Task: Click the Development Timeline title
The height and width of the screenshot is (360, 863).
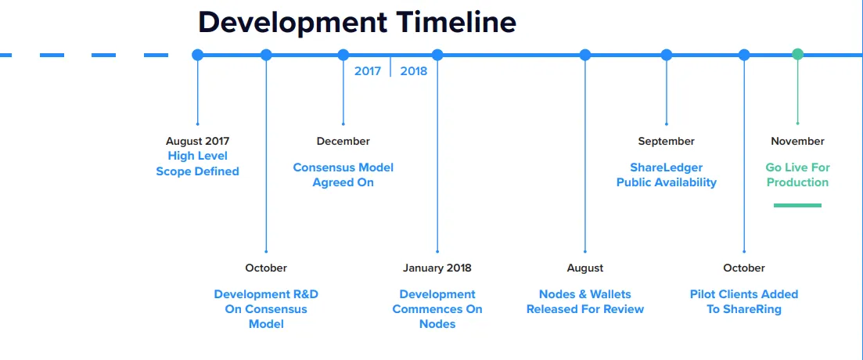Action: pos(357,23)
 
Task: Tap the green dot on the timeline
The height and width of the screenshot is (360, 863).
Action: pos(797,54)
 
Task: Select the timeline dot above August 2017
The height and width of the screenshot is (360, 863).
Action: pos(198,55)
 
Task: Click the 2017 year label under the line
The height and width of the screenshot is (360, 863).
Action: pos(368,71)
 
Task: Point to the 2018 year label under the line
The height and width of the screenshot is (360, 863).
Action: pos(413,71)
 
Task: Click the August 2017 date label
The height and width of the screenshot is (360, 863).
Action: pos(198,142)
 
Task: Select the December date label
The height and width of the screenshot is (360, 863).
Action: pos(343,142)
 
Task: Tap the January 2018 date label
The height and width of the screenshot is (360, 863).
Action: pos(437,268)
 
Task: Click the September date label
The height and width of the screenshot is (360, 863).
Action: pos(667,142)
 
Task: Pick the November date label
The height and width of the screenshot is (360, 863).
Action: pos(797,142)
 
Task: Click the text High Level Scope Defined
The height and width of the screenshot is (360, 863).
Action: pos(198,164)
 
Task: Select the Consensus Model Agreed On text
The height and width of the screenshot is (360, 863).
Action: pos(343,175)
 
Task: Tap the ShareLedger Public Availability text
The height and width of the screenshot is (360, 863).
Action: pos(667,175)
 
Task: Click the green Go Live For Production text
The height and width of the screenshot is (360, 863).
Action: pos(797,175)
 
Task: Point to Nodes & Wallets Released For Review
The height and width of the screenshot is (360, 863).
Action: pos(585,301)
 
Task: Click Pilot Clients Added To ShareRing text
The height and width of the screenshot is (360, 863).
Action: pos(744,301)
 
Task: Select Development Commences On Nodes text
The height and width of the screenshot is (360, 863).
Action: pos(437,309)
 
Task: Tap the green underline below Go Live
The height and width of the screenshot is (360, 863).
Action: pos(797,205)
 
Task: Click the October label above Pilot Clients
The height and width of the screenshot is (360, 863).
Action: pos(744,268)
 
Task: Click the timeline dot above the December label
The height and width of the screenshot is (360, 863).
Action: pos(343,55)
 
